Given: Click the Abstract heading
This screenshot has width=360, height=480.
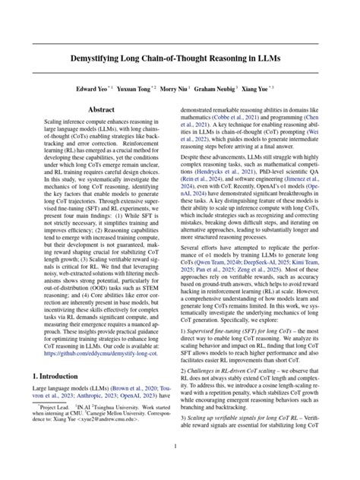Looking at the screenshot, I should click(x=102, y=110).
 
